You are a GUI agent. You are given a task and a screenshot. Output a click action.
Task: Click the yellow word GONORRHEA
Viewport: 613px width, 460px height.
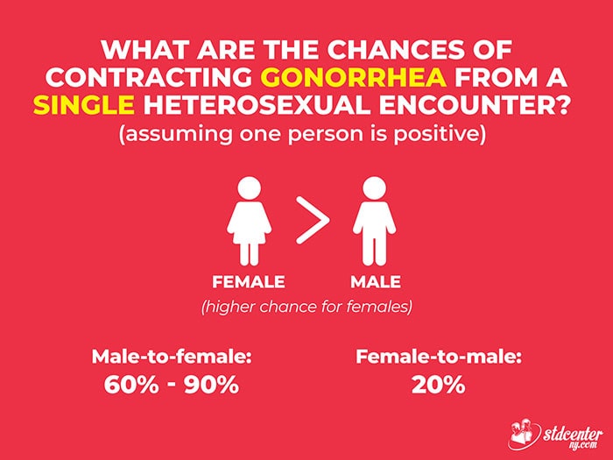coord(354,77)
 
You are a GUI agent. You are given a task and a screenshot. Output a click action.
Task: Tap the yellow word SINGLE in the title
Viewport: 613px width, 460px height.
coord(84,105)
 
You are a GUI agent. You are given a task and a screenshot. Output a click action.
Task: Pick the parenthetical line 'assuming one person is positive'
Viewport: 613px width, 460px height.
coord(303,134)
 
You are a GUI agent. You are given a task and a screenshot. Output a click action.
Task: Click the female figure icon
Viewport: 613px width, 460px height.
coord(249,221)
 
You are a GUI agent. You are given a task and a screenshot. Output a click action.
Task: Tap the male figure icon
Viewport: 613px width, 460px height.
coord(374,221)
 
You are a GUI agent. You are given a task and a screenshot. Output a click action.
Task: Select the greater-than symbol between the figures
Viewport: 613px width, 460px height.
coord(313,220)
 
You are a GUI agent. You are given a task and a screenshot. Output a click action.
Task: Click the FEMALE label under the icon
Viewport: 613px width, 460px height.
coord(249,282)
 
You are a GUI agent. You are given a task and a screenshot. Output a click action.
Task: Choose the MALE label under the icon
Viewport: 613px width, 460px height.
coord(376,282)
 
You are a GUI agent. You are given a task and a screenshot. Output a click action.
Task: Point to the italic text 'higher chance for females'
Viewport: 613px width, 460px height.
coord(306,307)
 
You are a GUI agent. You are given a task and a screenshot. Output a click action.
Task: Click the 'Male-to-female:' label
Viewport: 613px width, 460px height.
coord(172,357)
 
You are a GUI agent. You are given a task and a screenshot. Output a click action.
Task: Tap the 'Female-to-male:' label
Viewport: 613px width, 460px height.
coord(439,357)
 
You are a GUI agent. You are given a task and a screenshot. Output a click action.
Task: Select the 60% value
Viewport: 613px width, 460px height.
coord(131,385)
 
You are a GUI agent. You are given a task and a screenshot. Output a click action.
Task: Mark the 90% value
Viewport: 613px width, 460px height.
coord(212,385)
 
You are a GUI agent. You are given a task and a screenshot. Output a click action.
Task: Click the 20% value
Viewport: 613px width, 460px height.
coord(439,385)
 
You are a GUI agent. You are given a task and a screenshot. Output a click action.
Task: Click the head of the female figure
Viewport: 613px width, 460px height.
coord(249,188)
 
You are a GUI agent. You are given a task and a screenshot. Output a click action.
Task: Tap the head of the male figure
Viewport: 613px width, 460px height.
coord(374,188)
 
